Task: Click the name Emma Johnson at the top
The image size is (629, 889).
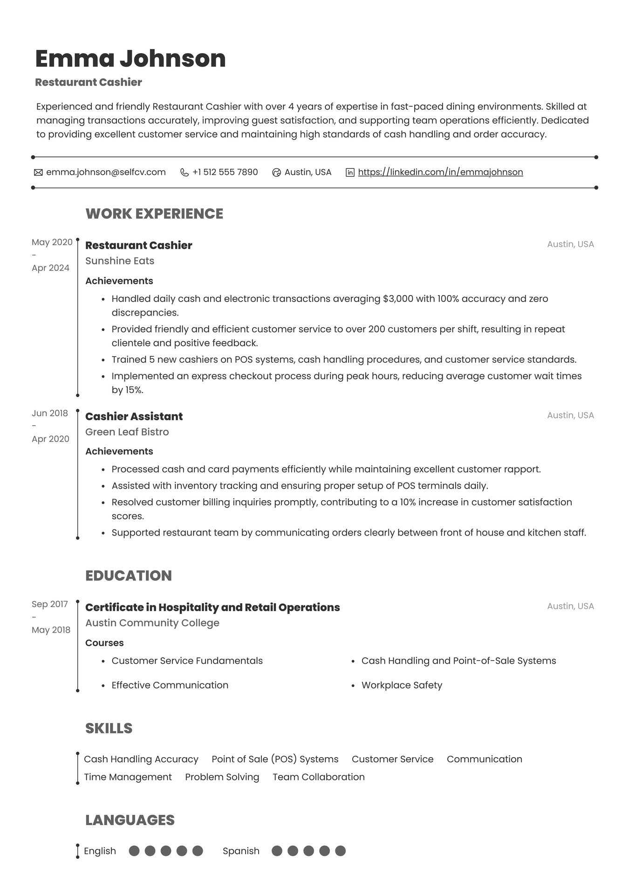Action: tap(130, 59)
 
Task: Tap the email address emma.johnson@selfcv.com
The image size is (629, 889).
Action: tap(106, 172)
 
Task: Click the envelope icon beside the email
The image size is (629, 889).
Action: tap(38, 172)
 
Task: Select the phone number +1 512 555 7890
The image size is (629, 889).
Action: tap(225, 172)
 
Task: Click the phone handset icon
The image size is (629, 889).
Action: tap(185, 172)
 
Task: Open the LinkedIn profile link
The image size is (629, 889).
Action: tap(440, 172)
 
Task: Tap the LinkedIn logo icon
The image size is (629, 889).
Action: tap(350, 172)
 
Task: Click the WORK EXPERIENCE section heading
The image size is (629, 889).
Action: tap(154, 214)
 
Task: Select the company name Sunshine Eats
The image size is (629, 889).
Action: tap(120, 261)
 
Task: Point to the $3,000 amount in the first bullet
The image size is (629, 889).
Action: tap(398, 298)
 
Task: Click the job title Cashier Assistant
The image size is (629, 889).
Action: tap(134, 416)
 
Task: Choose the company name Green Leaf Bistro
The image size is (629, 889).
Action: tap(127, 432)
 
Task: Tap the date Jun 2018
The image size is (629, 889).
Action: tap(50, 413)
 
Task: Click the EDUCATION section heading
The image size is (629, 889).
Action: tap(129, 575)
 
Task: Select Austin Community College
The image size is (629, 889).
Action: tap(152, 623)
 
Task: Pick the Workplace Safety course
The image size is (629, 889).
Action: tap(402, 685)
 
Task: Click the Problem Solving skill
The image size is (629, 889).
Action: tap(222, 777)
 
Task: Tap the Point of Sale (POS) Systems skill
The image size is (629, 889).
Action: tap(275, 759)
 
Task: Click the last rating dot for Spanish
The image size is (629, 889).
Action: tap(341, 851)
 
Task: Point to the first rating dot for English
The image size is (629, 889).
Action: tap(134, 851)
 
